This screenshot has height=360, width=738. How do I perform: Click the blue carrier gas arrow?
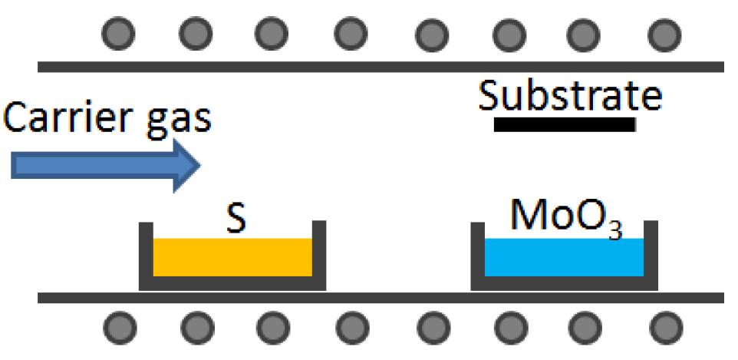(x=100, y=165)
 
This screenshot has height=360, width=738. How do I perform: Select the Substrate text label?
(x=569, y=97)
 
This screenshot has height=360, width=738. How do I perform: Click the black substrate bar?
(x=565, y=124)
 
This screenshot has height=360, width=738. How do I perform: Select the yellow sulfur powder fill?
(x=232, y=257)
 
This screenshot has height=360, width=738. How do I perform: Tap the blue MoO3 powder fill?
(x=564, y=257)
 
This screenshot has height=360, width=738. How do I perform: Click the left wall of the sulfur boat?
(x=146, y=253)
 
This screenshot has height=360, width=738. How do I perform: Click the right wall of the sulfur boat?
(x=319, y=253)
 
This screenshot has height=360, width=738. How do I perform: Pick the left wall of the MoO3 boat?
(x=477, y=253)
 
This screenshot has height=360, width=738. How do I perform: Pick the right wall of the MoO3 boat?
(x=651, y=253)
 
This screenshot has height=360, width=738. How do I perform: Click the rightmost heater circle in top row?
(x=664, y=34)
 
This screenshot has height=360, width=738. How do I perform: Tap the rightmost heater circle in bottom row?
(x=664, y=328)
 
